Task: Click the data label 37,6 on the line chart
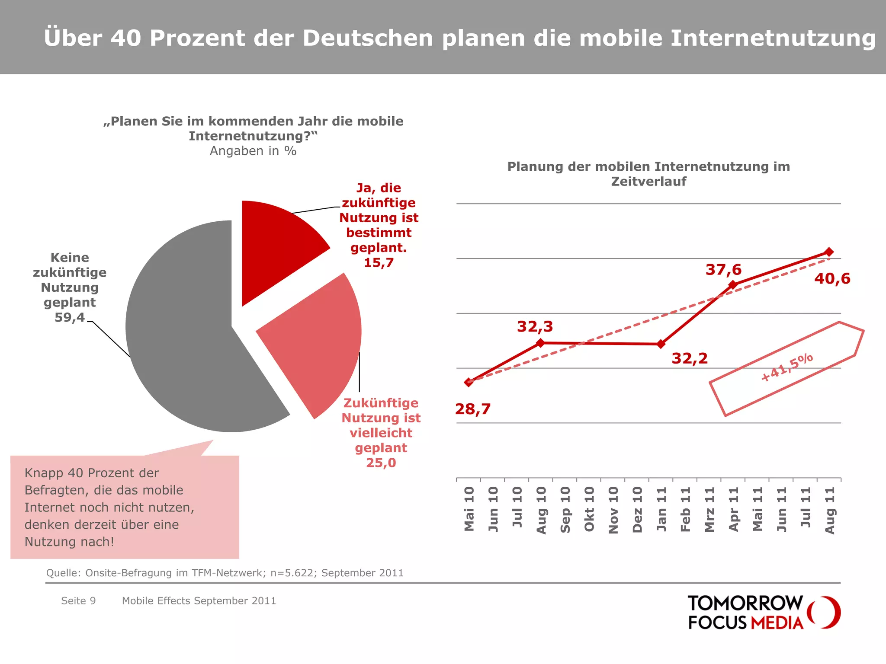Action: [723, 270]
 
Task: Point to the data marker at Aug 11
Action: [829, 252]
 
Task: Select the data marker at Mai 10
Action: [469, 382]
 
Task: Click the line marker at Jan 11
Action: [661, 344]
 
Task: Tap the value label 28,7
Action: [473, 409]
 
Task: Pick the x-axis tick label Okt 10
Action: [589, 509]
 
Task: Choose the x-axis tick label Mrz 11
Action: [709, 509]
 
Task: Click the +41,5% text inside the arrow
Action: [787, 367]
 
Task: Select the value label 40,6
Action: [832, 278]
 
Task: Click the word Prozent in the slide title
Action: [197, 38]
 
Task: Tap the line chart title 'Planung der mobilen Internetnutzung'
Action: [648, 167]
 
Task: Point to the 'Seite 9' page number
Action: [78, 601]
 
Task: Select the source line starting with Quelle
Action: [225, 573]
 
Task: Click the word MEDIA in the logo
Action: [777, 623]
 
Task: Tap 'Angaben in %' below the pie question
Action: [253, 151]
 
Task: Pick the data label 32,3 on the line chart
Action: [535, 326]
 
